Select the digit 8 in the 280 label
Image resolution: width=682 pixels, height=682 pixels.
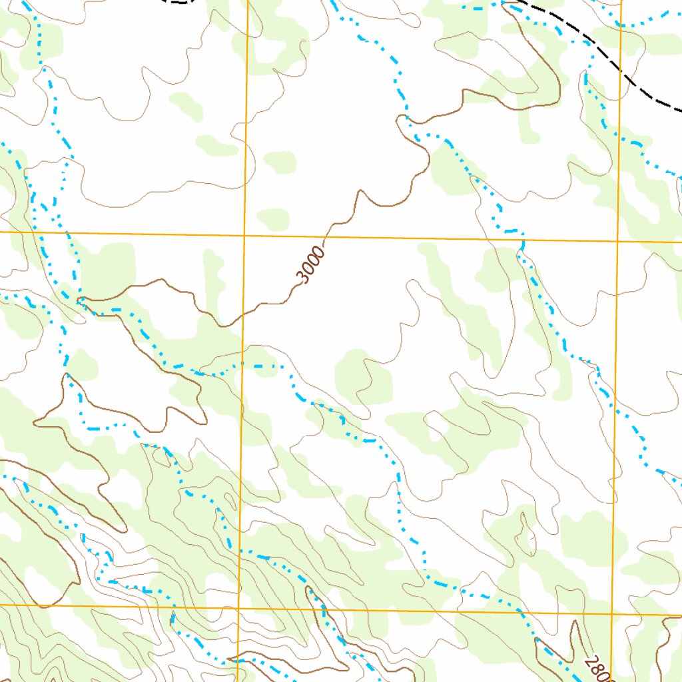click(x=597, y=669)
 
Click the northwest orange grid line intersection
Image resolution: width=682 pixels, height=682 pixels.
click(x=245, y=235)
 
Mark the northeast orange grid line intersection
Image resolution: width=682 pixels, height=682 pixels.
click(x=617, y=241)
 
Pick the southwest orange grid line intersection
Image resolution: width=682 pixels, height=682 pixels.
click(x=239, y=607)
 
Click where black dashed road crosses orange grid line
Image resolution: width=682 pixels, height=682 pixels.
click(x=620, y=72)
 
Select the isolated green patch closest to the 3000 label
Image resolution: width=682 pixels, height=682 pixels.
click(x=273, y=218)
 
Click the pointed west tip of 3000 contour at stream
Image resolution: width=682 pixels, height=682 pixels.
click(x=78, y=301)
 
